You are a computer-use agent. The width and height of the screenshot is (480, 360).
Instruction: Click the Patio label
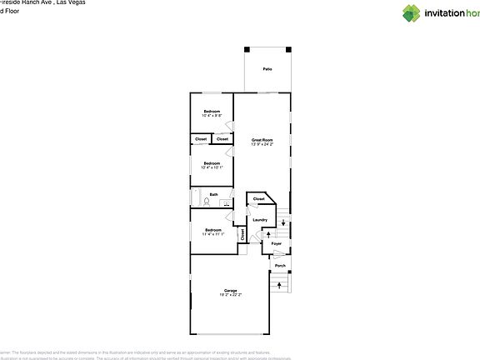click(267, 69)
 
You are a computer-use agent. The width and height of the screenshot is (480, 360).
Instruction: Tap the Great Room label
click(262, 139)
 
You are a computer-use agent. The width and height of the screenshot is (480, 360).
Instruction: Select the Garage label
click(230, 291)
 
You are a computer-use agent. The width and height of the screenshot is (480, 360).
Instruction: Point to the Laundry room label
click(259, 220)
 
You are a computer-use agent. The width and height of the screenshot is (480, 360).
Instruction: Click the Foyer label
click(277, 243)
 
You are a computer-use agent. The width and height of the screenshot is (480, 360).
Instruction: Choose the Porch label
click(280, 267)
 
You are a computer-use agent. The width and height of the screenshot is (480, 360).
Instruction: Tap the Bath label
click(214, 195)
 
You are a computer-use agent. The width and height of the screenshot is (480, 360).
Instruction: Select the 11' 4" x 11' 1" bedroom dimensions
click(212, 234)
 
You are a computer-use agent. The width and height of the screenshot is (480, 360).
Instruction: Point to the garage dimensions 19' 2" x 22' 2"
click(230, 295)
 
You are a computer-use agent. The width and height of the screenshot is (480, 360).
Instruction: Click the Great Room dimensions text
click(262, 144)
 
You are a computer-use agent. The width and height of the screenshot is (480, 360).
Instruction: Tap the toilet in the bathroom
click(225, 202)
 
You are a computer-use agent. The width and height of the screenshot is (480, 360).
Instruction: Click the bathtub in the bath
click(197, 198)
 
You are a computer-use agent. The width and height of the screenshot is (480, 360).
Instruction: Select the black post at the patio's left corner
click(246, 48)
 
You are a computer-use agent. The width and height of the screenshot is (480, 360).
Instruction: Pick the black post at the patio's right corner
click(288, 48)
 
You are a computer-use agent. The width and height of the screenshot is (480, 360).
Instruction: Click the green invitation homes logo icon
click(412, 13)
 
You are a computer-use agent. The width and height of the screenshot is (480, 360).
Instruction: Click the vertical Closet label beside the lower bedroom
click(243, 235)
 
